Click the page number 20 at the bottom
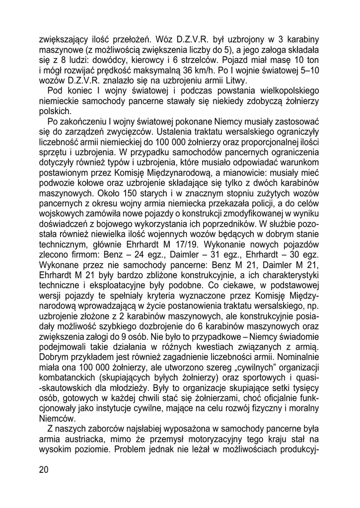pos(43,471)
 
